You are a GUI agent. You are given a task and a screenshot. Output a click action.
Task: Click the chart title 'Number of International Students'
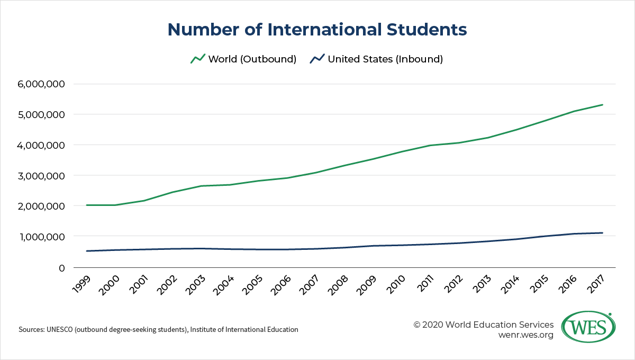317,30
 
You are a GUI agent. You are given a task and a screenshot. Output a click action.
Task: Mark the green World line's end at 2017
602,105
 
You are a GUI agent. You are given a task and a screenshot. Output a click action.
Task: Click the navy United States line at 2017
602,233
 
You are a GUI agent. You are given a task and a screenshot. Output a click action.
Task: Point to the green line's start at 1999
87,205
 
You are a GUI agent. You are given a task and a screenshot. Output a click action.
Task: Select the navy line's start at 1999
87,251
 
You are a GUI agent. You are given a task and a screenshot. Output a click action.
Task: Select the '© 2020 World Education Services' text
484,324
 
